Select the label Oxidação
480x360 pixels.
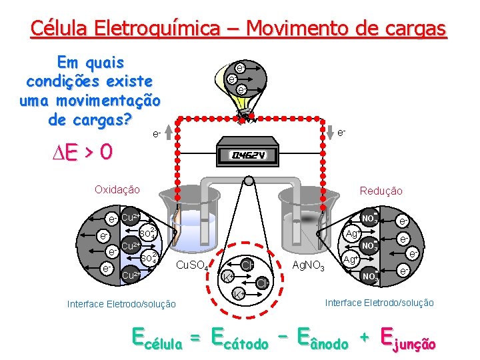click(117, 189)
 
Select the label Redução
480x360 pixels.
click(381, 191)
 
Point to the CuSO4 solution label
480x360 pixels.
click(193, 267)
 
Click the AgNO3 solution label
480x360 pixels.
click(309, 267)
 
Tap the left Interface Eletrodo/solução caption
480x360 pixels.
click(122, 304)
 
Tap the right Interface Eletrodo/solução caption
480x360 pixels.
click(379, 303)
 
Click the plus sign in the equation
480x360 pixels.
click(365, 338)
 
